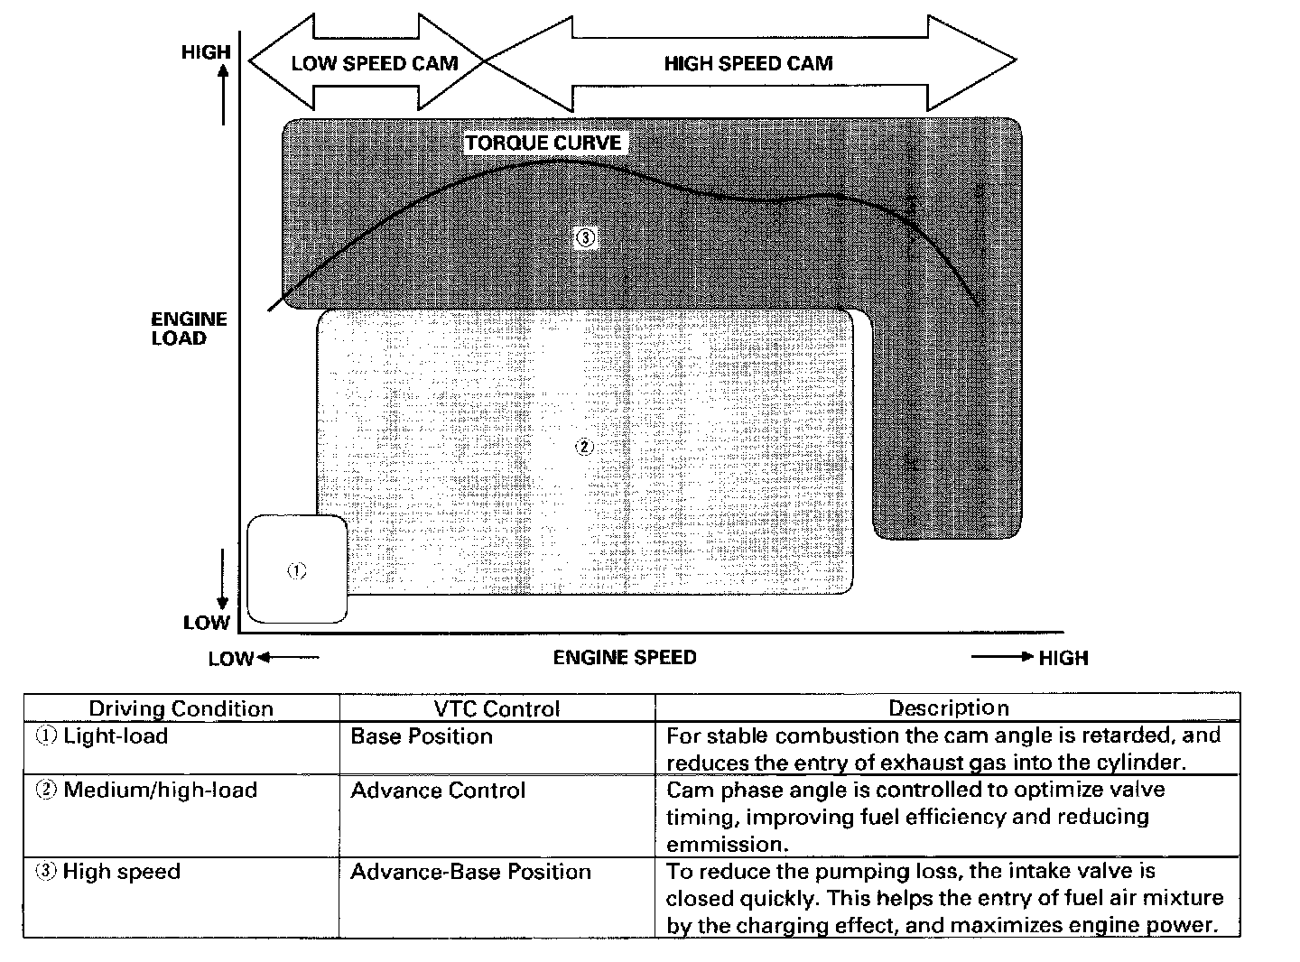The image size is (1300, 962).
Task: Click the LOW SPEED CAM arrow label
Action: [x=374, y=63]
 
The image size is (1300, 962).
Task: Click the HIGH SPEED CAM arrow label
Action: [x=747, y=63]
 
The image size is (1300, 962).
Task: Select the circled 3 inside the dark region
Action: [x=585, y=238]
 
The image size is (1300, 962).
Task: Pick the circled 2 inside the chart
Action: [x=584, y=447]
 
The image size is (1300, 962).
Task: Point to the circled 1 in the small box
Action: [x=296, y=570]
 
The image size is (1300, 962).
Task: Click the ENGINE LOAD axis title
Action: [x=189, y=328]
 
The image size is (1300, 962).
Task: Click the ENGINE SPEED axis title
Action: [x=625, y=657]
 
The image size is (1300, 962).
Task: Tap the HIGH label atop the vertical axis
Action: [x=206, y=52]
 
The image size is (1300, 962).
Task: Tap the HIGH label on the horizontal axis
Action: [x=1063, y=658]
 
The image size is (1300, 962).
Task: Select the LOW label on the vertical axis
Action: [x=207, y=623]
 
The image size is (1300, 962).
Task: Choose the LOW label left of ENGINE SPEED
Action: [x=231, y=659]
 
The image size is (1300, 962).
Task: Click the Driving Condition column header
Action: [x=181, y=708]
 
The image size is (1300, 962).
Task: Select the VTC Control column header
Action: [x=497, y=709]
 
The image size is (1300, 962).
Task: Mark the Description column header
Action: [x=948, y=708]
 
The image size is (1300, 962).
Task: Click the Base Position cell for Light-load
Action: [x=422, y=736]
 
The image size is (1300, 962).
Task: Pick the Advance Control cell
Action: [x=438, y=791]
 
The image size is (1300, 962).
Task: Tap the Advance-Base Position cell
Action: [x=470, y=872]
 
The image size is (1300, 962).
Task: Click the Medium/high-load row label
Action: [x=159, y=791]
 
